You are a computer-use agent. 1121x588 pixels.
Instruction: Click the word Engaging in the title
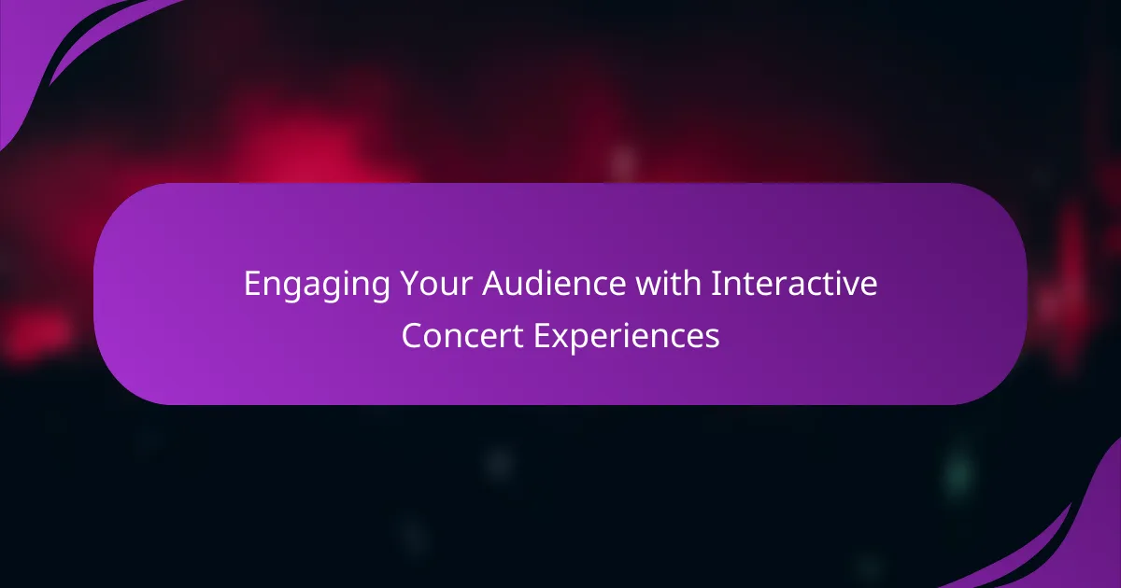pos(317,285)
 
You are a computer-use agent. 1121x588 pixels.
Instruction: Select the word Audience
pos(554,284)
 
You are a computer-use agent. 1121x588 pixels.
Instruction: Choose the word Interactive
pos(794,284)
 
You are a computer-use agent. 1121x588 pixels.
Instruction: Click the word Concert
pos(462,335)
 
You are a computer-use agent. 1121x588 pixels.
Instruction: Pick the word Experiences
pos(627,338)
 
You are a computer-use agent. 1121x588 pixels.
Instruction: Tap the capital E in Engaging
pos(253,284)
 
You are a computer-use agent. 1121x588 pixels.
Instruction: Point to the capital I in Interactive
pos(714,284)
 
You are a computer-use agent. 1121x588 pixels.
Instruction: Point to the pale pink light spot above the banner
pos(623,162)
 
